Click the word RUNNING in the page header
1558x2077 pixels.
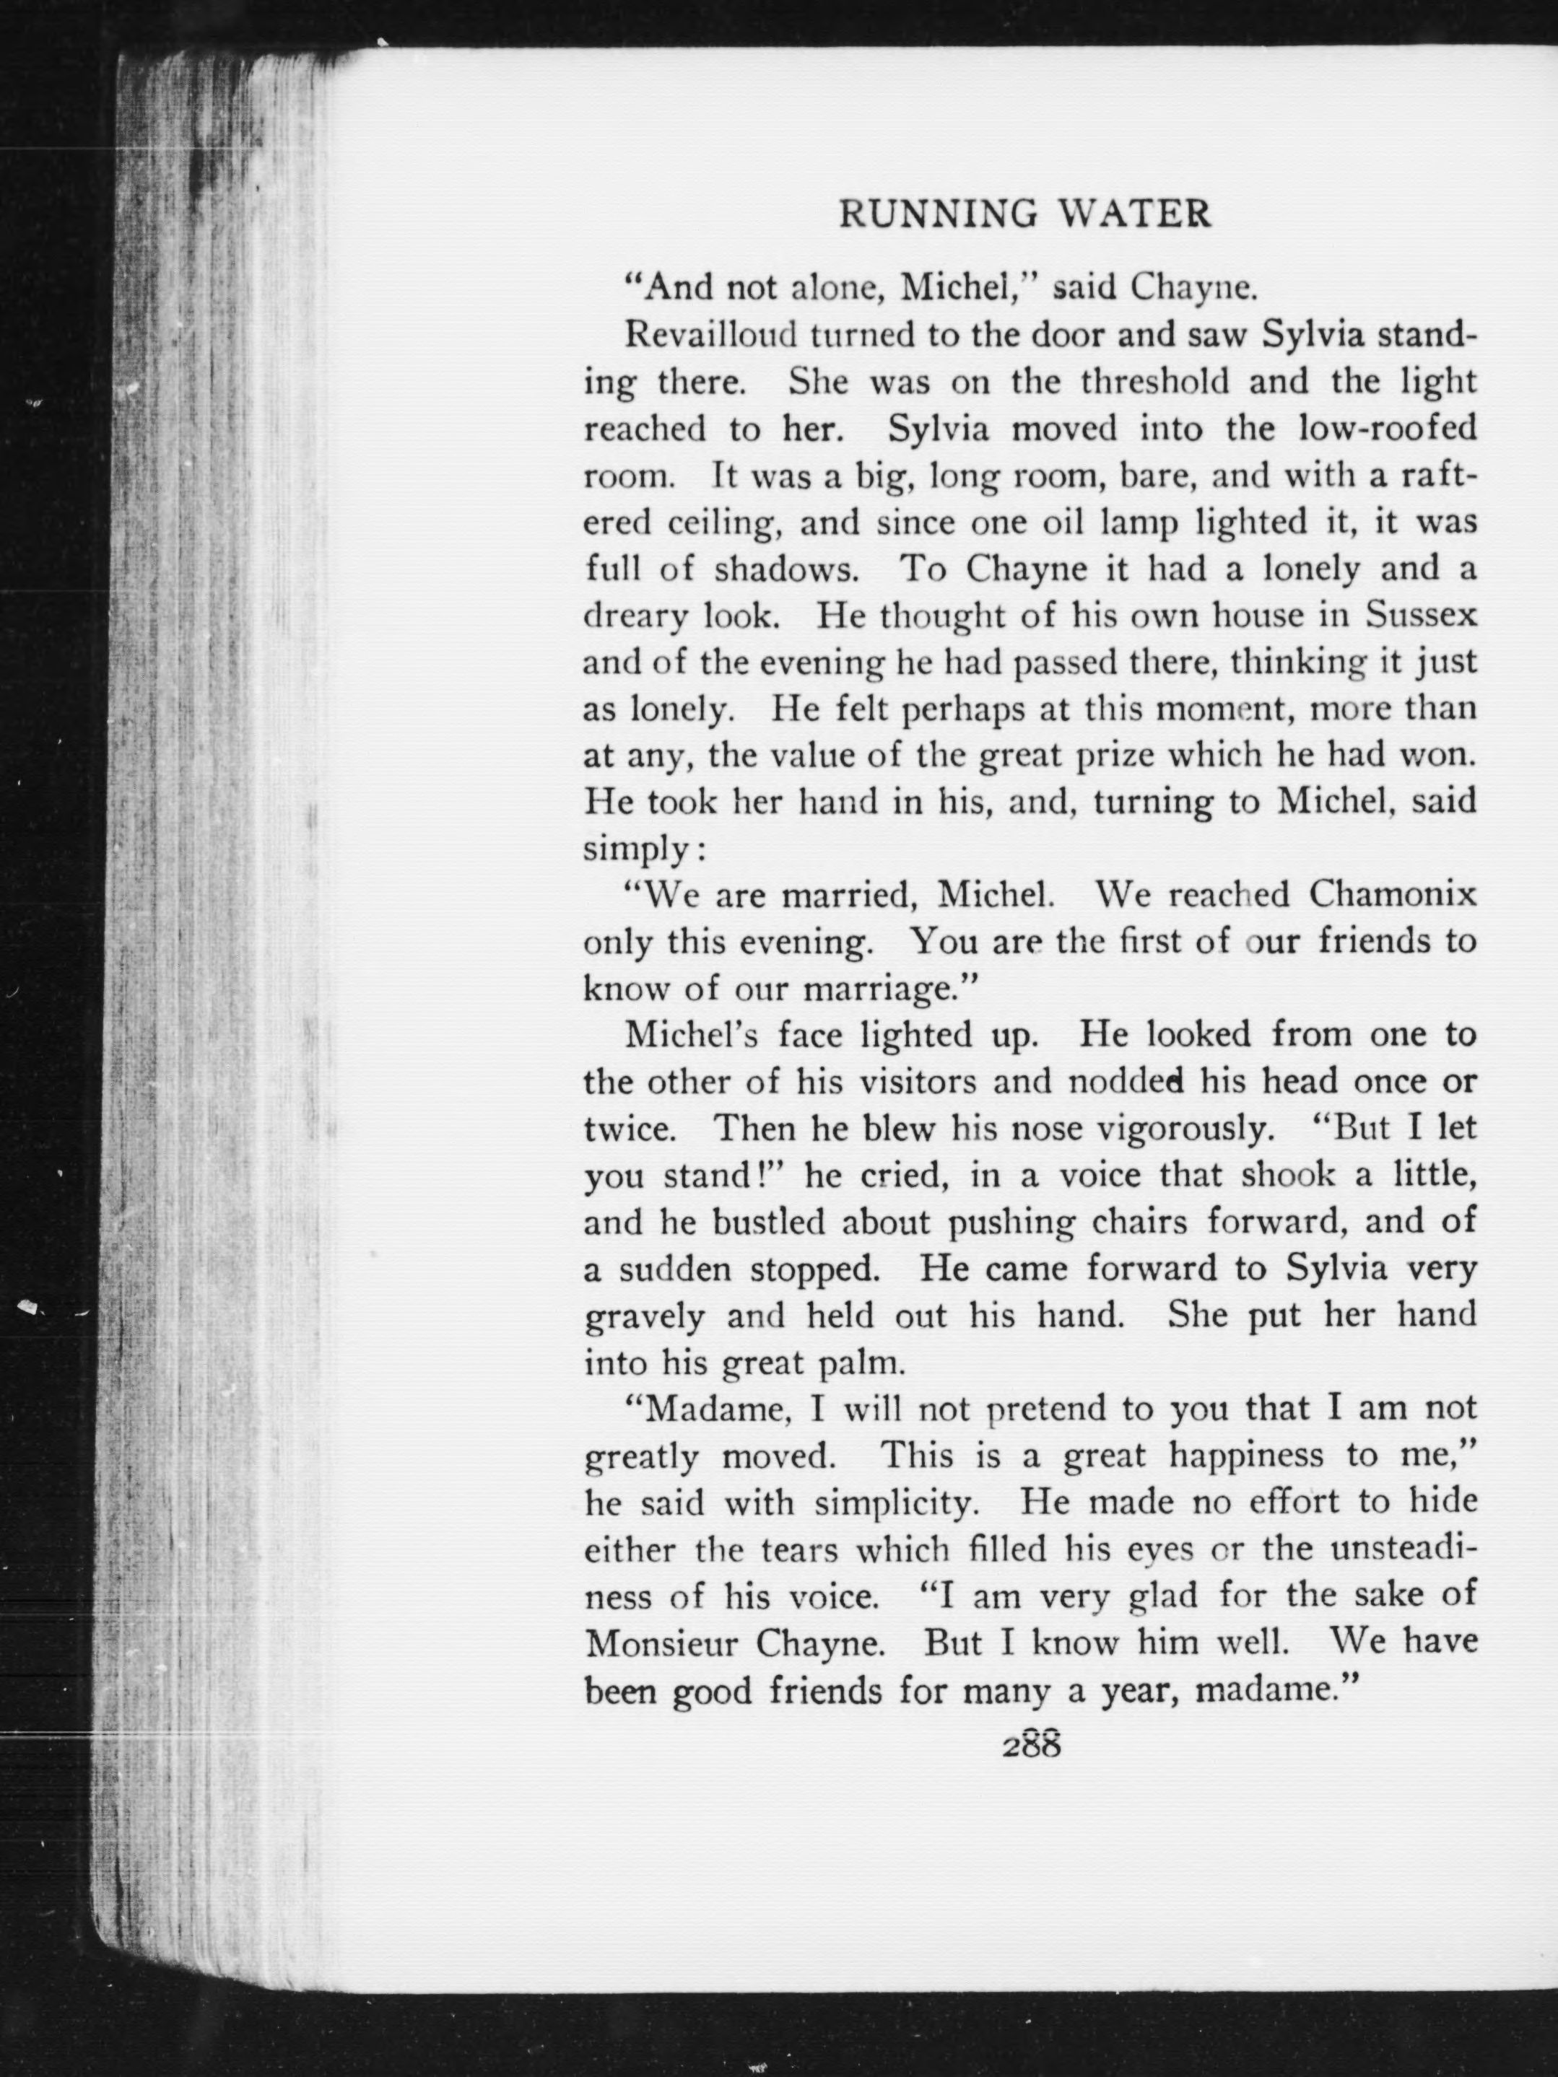[x=938, y=215]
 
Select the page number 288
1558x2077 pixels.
[x=1030, y=1746]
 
